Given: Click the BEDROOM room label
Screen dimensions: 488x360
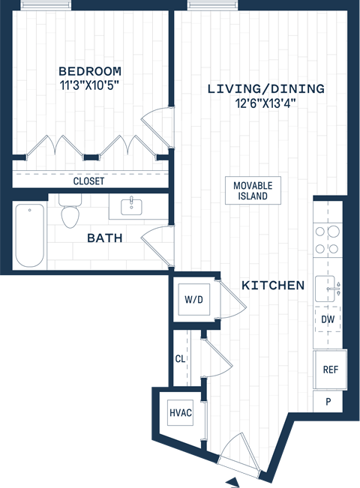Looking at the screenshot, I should click(x=89, y=71).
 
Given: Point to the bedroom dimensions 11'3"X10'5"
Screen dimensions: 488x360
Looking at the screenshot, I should click(x=89, y=85).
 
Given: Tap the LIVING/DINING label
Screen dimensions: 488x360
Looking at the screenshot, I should click(x=266, y=89).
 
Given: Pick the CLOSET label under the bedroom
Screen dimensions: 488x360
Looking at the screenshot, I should click(x=88, y=181).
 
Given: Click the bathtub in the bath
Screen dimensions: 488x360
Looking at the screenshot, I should click(x=30, y=235).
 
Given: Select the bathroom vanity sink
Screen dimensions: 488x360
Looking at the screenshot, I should click(x=132, y=205).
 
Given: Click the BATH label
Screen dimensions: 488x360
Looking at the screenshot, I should click(x=105, y=238).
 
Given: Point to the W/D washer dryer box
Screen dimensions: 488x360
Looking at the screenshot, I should click(x=193, y=300).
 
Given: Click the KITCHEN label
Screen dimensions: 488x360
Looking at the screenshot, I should click(x=273, y=285).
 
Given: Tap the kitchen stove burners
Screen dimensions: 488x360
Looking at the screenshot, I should click(x=328, y=240).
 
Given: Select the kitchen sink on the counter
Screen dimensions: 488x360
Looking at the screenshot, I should click(x=327, y=286).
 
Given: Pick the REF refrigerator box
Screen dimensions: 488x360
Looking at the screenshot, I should click(x=330, y=370).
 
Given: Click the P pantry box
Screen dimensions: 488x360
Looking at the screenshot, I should click(x=328, y=401).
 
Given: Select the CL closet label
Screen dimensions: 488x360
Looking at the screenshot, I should click(x=180, y=359).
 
